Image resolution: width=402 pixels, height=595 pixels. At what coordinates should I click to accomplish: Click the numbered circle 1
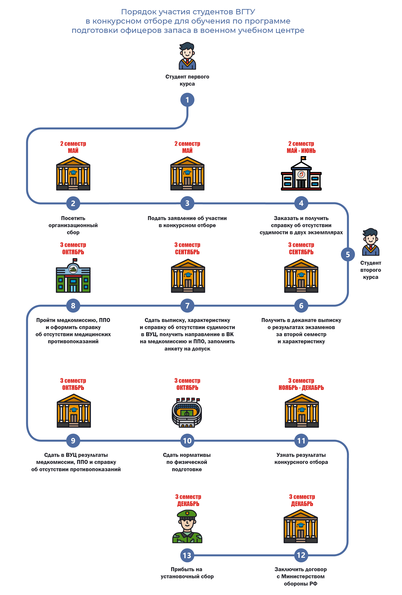click(x=187, y=100)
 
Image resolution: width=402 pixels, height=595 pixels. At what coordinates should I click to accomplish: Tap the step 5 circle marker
click(x=347, y=254)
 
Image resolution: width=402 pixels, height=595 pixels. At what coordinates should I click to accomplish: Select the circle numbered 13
click(x=187, y=555)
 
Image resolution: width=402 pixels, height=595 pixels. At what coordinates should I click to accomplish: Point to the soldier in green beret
click(x=187, y=526)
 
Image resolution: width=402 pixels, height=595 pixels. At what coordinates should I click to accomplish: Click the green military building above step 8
click(x=73, y=276)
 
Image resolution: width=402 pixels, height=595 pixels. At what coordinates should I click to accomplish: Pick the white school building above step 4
click(x=301, y=175)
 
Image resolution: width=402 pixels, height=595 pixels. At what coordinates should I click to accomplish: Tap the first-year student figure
click(x=187, y=56)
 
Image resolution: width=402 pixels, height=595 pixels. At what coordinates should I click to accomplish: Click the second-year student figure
click(x=370, y=242)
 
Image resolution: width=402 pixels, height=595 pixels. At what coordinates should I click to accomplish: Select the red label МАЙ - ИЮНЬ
click(x=301, y=151)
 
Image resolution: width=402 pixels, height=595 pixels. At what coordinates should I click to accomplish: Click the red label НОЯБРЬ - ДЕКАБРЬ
click(x=301, y=388)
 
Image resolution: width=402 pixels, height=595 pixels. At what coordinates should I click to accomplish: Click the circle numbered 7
click(x=187, y=305)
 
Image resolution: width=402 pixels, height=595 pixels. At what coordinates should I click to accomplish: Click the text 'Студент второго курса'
click(x=370, y=270)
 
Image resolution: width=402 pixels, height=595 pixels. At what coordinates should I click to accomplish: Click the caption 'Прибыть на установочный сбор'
click(x=187, y=573)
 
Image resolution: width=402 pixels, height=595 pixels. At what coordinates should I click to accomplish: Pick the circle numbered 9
click(x=73, y=440)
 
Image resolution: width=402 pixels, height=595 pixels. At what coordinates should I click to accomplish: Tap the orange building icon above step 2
click(x=73, y=174)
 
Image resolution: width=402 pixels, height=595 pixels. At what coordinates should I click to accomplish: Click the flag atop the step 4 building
click(x=303, y=158)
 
